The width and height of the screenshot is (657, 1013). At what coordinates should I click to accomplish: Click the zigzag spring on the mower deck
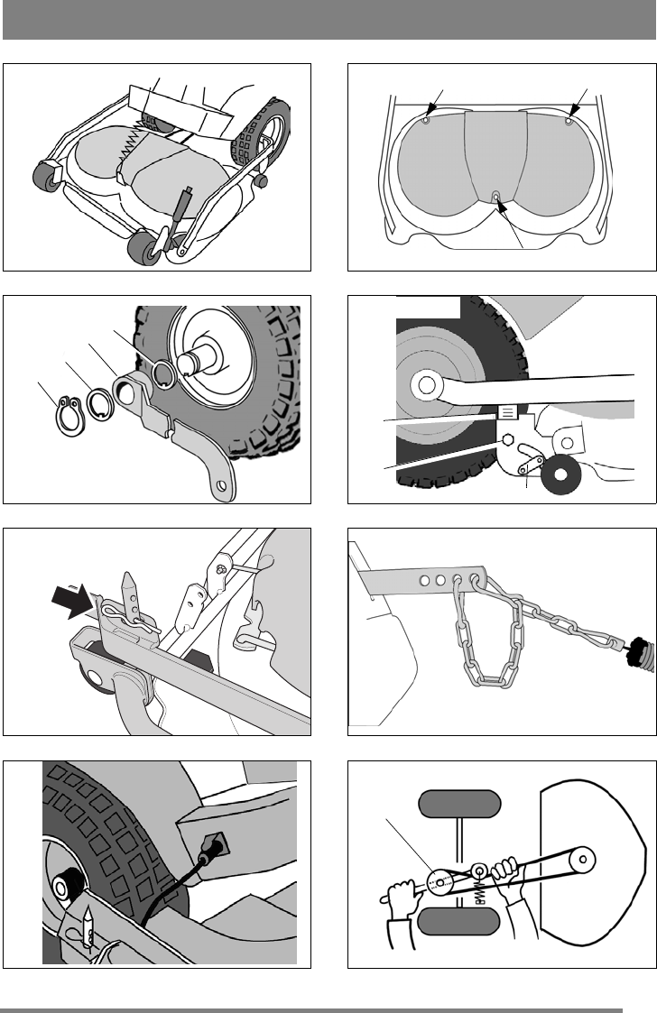click(135, 132)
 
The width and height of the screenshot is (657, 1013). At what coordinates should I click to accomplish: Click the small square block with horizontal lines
click(508, 412)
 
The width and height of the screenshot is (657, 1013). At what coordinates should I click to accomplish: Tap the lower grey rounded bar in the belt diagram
click(460, 921)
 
